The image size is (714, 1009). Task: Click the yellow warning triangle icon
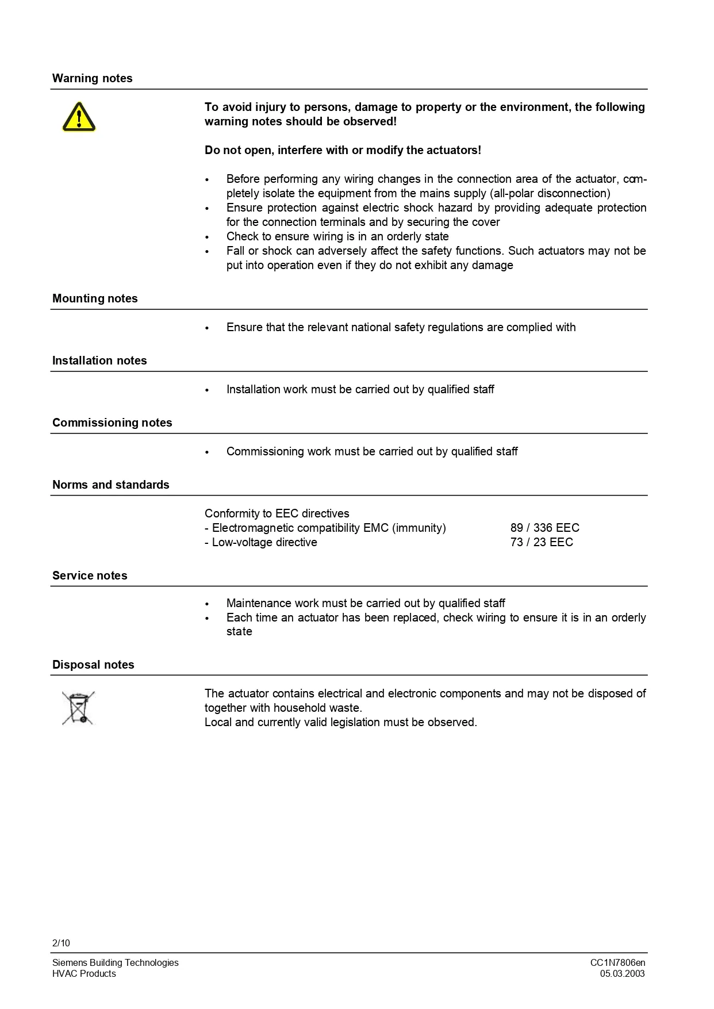click(x=79, y=117)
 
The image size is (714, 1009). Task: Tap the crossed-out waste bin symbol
click(x=78, y=708)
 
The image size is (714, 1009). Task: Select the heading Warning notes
click(x=92, y=78)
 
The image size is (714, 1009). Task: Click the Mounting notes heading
click(x=95, y=298)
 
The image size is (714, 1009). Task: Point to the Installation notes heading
click(x=99, y=360)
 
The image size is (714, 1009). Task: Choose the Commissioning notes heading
click(x=112, y=423)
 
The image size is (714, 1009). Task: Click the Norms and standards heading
click(x=110, y=485)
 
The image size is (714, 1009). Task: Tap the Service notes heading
click(x=90, y=576)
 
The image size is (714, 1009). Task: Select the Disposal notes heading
click(x=93, y=665)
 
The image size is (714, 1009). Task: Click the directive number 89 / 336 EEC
click(x=544, y=528)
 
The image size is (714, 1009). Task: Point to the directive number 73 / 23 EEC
click(x=541, y=542)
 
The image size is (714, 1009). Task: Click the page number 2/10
click(x=61, y=943)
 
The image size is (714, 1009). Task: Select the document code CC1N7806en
click(x=617, y=962)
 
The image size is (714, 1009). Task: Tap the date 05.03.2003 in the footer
click(x=622, y=973)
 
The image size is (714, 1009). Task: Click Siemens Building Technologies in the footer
click(x=115, y=962)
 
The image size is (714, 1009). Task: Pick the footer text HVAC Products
click(x=84, y=973)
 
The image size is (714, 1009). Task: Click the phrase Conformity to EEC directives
click(x=277, y=513)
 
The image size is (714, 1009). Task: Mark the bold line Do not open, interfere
click(x=343, y=150)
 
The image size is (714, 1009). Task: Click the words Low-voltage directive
click(x=264, y=542)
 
